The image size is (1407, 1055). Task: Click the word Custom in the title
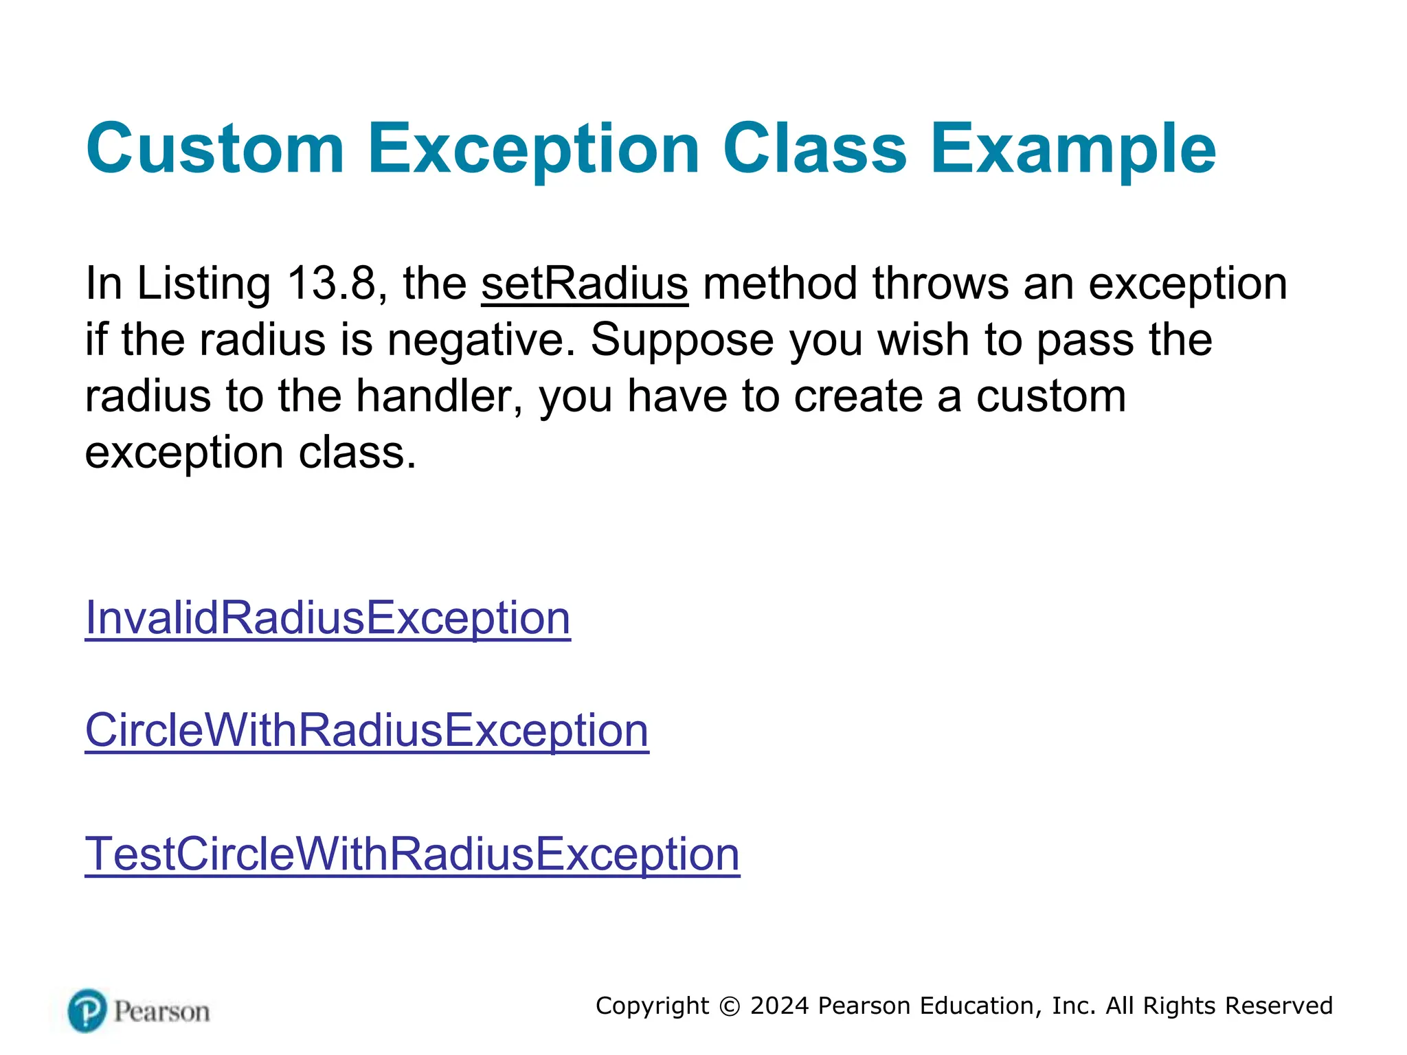(x=214, y=148)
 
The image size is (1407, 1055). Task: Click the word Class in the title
(x=815, y=148)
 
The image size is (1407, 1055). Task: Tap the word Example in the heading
(x=1072, y=148)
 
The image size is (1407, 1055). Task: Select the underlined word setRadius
(x=584, y=284)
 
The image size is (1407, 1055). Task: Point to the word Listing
(x=204, y=284)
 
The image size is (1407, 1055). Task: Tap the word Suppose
(x=682, y=341)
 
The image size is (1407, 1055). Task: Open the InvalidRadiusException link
(x=327, y=618)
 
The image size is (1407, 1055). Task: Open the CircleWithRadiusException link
(x=366, y=730)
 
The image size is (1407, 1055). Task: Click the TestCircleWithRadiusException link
(x=412, y=854)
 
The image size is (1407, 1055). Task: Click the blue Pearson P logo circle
(x=87, y=1010)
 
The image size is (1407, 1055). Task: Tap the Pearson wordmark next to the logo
(x=162, y=1012)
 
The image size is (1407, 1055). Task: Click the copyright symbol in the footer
(x=730, y=1006)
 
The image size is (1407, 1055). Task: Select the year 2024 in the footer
(x=780, y=1006)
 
